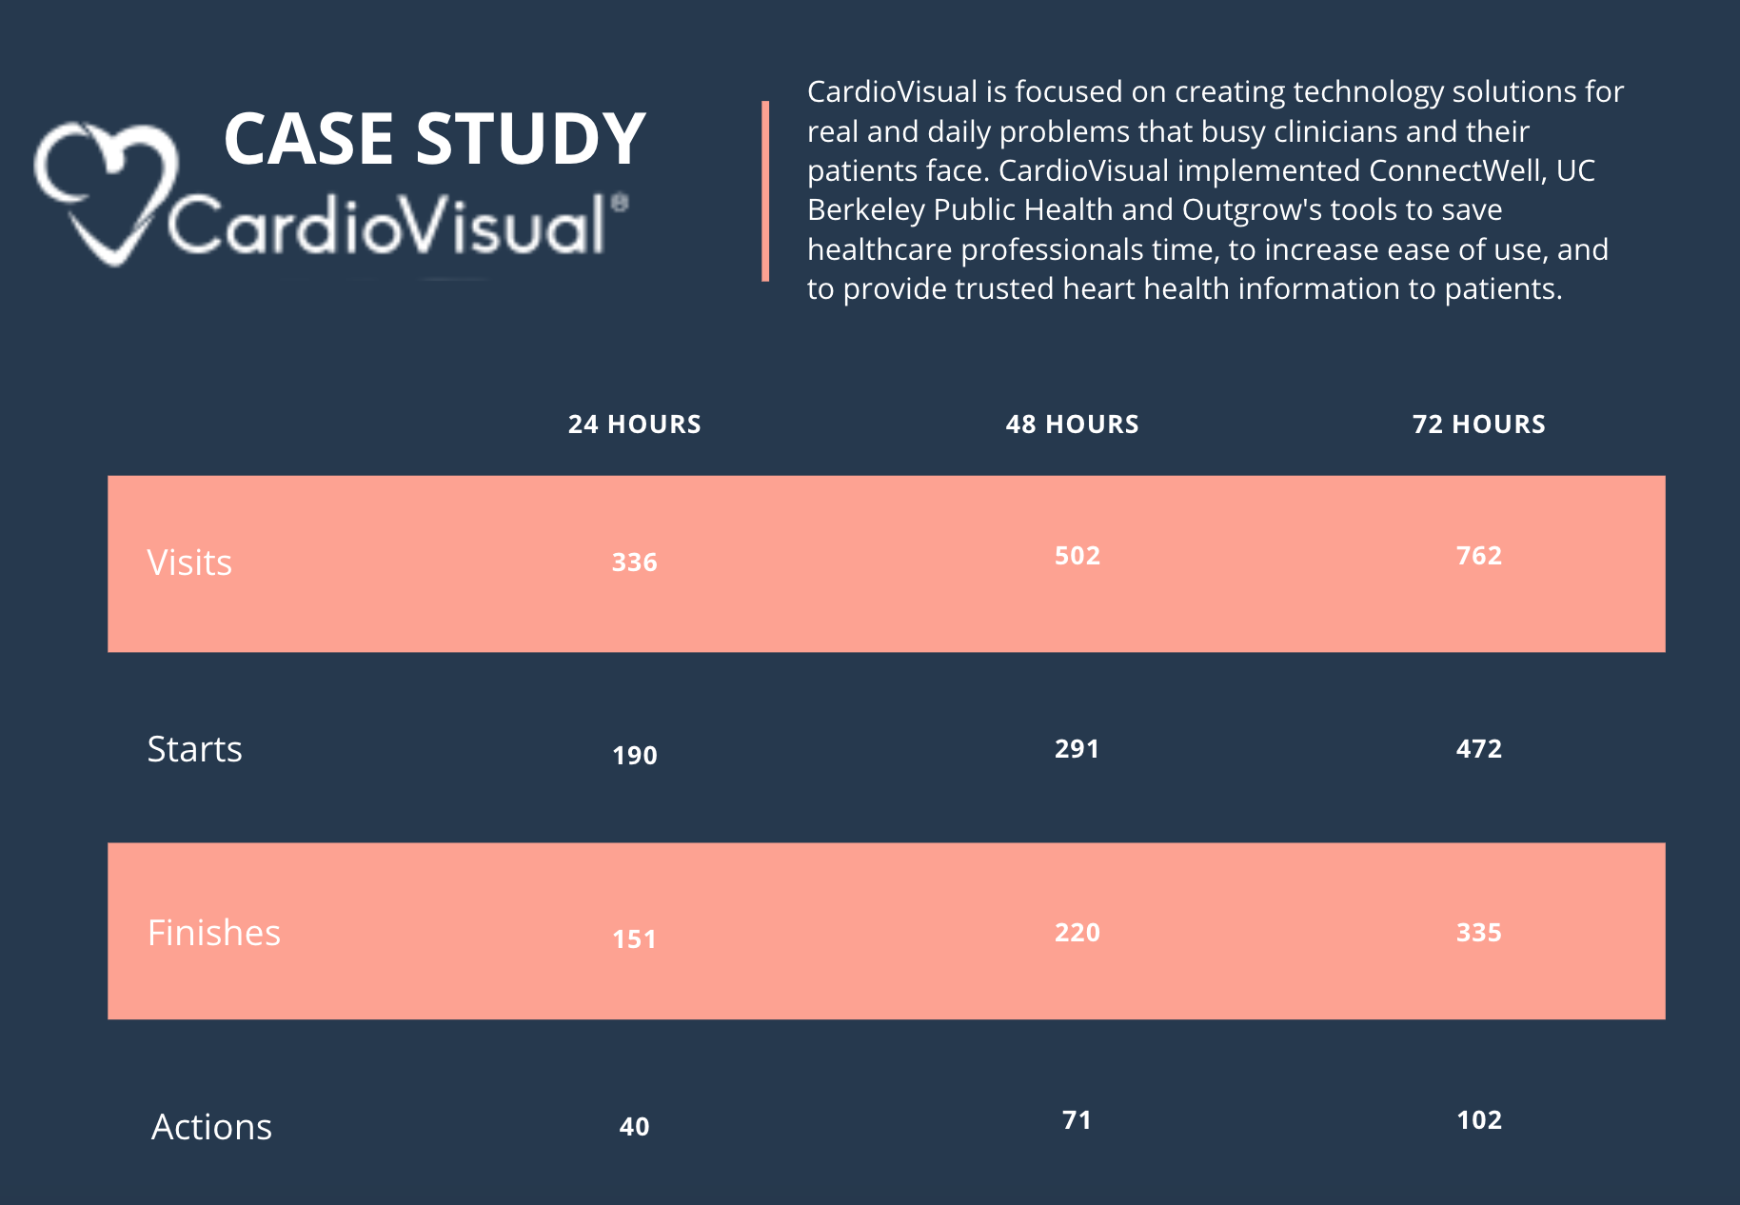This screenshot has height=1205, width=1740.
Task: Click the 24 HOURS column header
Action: pos(634,425)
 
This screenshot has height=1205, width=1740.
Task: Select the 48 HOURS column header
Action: pos(1072,425)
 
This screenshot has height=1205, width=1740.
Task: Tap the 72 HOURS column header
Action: pos(1478,425)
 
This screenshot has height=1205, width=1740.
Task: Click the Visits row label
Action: pos(189,563)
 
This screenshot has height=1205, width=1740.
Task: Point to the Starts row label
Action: pos(194,749)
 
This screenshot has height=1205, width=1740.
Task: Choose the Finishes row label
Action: pos(213,933)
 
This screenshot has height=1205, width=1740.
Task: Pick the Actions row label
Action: pos(211,1127)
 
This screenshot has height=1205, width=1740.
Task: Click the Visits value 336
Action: pos(634,563)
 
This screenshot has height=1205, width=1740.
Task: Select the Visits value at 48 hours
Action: pos(1077,556)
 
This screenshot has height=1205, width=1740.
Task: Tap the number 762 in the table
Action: pos(1478,556)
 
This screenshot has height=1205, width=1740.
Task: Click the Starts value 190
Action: pos(634,756)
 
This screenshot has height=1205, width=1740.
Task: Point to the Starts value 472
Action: pos(1478,749)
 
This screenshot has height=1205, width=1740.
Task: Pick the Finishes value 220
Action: pos(1077,933)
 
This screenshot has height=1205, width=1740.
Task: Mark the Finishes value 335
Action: pos(1478,933)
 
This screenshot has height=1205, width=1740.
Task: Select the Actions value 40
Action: pos(634,1127)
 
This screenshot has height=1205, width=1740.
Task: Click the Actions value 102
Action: pos(1478,1120)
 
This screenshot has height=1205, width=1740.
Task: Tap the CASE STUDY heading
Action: pos(434,139)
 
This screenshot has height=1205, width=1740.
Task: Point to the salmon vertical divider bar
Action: pos(765,190)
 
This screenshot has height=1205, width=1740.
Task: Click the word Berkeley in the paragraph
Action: pos(865,209)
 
